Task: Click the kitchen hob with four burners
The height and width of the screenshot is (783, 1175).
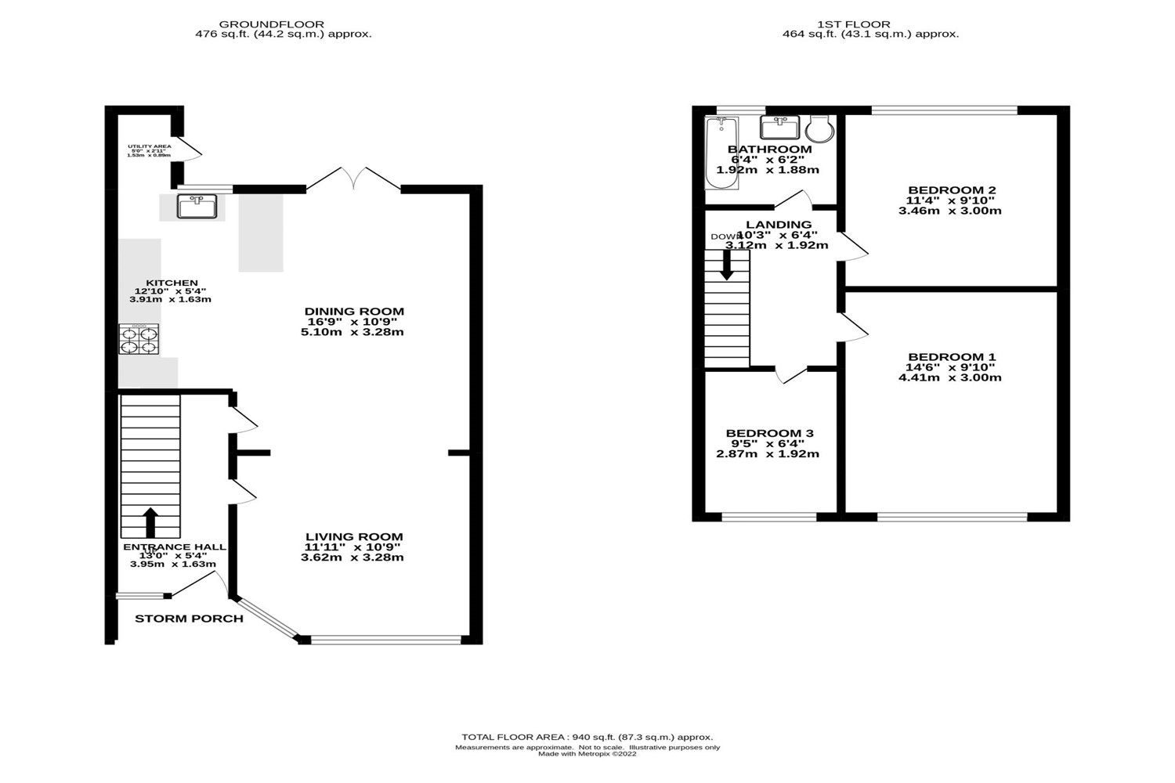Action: point(139,340)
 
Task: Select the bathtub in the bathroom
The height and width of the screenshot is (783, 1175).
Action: point(721,153)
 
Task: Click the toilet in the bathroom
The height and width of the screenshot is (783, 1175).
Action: point(819,128)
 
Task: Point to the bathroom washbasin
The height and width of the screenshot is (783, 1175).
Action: point(779,127)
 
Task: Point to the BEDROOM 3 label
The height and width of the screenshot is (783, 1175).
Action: point(769,433)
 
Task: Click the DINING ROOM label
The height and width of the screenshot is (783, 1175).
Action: point(354,312)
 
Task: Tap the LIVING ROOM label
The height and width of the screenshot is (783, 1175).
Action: point(354,536)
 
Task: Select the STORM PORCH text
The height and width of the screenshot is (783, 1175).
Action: point(189,619)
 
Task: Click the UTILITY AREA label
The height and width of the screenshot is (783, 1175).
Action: point(149,146)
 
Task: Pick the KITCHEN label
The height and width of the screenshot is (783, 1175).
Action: point(172,283)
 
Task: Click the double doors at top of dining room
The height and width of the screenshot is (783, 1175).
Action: point(354,179)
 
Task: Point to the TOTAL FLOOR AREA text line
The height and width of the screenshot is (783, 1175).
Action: point(587,737)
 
